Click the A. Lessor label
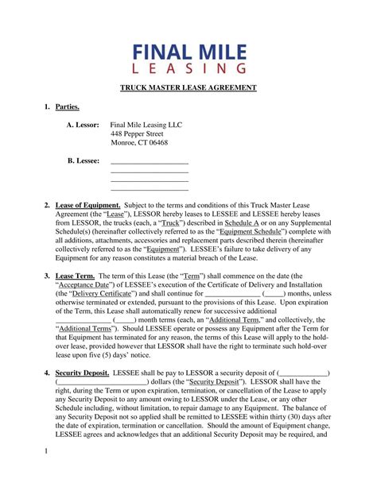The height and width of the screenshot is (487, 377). click(x=83, y=125)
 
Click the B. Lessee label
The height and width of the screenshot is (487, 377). click(x=84, y=161)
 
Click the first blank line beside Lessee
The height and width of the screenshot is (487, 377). click(x=150, y=163)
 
